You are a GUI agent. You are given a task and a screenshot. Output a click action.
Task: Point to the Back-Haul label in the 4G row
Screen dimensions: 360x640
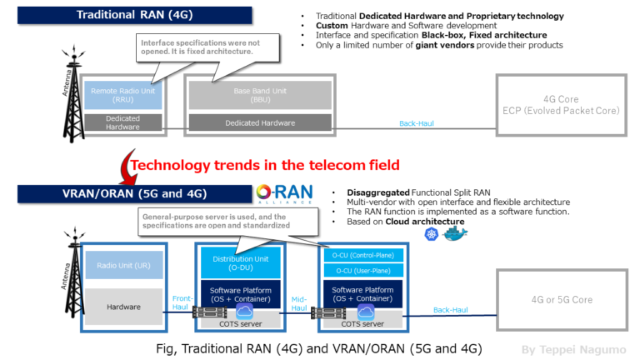pos(416,123)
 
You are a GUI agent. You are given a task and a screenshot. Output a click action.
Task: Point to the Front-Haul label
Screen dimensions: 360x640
pos(182,301)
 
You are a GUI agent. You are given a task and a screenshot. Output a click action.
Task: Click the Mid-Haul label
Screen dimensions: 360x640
pos(299,301)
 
